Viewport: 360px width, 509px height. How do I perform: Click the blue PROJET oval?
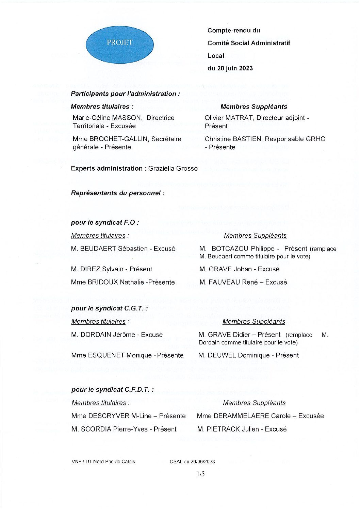(x=119, y=43)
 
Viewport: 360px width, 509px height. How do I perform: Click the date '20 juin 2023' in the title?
(x=234, y=68)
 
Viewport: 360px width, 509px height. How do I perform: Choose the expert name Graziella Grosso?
(x=173, y=168)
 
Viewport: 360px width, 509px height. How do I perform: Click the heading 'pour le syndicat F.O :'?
(x=105, y=223)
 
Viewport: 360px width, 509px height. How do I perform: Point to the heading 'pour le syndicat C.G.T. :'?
(x=109, y=308)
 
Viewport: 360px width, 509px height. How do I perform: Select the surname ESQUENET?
(x=103, y=355)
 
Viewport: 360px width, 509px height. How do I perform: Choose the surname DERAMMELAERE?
(x=241, y=416)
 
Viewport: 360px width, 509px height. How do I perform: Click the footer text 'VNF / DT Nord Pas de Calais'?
(x=103, y=461)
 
